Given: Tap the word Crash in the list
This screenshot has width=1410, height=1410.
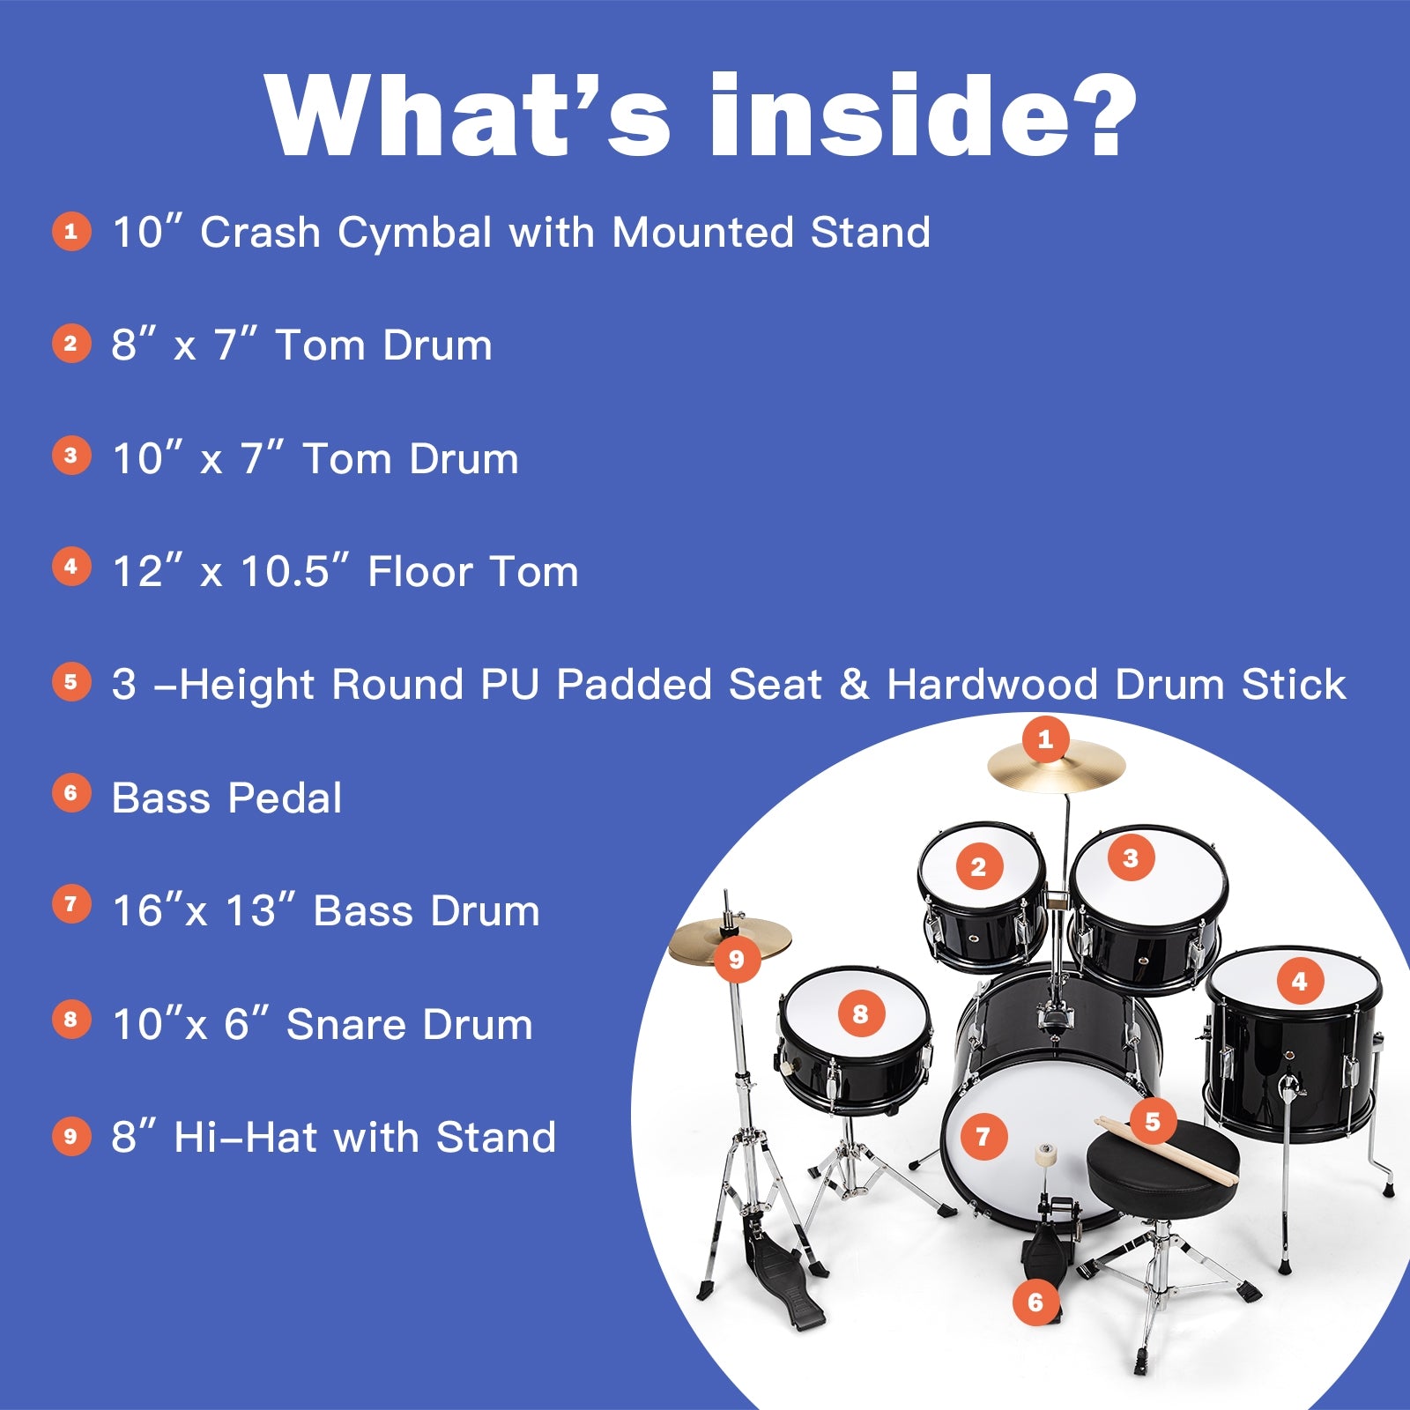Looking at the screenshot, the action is [260, 233].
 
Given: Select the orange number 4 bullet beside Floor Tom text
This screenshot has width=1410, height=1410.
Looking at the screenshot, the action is [71, 567].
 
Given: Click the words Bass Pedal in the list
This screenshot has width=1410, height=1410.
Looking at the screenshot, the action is [226, 798].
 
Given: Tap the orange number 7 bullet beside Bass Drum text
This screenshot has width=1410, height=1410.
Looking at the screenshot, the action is [71, 905].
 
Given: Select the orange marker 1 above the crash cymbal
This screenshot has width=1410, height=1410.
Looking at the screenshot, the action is [1045, 738].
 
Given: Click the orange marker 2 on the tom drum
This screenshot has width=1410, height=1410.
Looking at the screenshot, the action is [978, 867].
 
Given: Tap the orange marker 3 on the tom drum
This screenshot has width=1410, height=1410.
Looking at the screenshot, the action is [1131, 857].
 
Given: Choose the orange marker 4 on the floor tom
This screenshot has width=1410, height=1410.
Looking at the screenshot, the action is [1299, 981].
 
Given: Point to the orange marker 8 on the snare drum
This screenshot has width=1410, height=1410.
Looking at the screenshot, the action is [860, 1014].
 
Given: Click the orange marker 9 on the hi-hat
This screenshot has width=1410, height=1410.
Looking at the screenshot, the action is [737, 960].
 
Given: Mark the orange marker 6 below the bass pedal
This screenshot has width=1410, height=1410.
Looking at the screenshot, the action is [1035, 1302].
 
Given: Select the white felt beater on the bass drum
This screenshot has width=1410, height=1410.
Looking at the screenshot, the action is [1047, 1155].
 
